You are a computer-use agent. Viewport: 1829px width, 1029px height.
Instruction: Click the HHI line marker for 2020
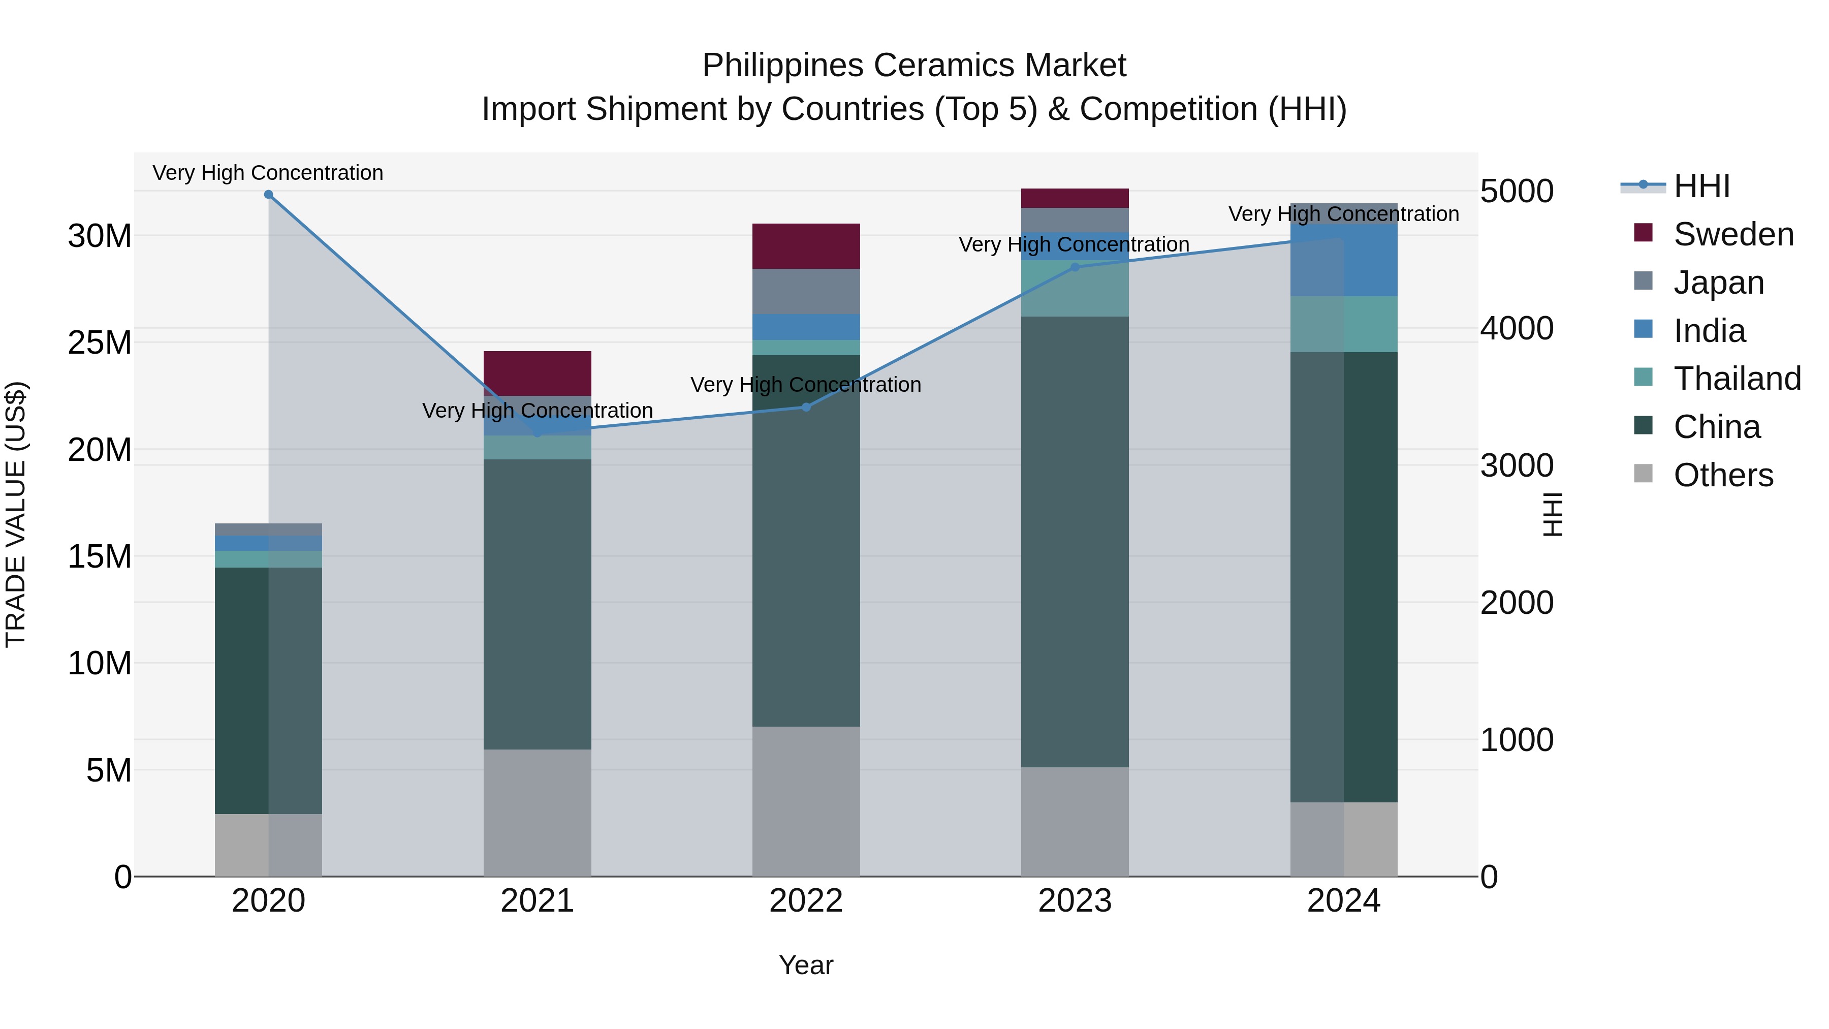(x=268, y=195)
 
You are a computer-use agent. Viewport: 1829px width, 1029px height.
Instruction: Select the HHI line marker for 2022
(x=806, y=407)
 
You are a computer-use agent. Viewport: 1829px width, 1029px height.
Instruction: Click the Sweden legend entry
(x=1732, y=234)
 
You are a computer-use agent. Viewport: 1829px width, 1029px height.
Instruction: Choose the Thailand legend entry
(x=1736, y=379)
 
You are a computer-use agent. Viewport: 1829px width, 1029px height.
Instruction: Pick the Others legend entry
(x=1722, y=475)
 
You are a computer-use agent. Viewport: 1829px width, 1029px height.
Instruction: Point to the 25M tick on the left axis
(x=100, y=342)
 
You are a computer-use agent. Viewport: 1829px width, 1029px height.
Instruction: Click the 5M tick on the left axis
(x=109, y=770)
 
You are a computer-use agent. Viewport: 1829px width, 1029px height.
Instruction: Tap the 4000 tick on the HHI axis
(x=1517, y=328)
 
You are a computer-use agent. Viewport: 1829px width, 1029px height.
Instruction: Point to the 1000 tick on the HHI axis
(x=1517, y=740)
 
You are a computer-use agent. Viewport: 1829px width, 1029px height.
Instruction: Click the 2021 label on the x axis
(x=537, y=901)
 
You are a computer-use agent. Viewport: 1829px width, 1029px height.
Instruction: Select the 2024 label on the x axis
(x=1343, y=901)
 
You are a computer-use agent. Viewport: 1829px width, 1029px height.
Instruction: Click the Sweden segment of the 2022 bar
(x=806, y=246)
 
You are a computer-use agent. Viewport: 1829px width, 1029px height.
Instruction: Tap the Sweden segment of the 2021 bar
(x=537, y=373)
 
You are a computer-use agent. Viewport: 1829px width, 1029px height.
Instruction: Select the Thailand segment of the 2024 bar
(x=1343, y=324)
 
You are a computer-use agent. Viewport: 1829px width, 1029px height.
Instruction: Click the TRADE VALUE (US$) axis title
(x=16, y=514)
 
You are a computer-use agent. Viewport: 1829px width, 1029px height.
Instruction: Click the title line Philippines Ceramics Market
(x=914, y=66)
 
